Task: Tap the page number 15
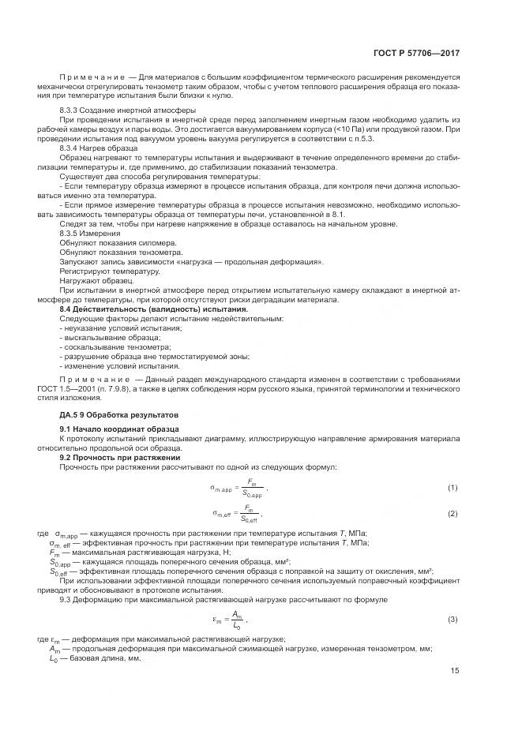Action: [x=454, y=671]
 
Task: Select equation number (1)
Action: [x=453, y=489]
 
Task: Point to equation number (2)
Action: [x=453, y=514]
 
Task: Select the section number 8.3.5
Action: [x=71, y=234]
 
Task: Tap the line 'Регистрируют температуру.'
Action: [x=110, y=271]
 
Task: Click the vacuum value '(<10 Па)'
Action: [x=327, y=127]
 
